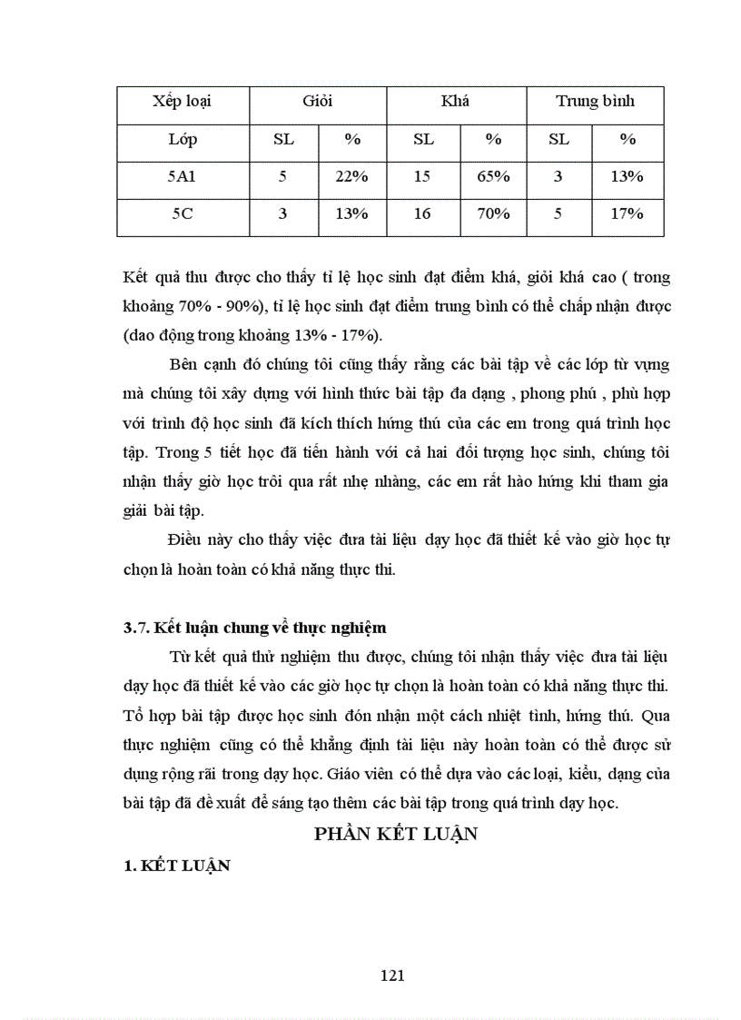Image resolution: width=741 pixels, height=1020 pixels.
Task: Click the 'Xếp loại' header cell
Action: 183,101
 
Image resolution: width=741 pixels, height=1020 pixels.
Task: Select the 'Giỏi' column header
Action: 318,101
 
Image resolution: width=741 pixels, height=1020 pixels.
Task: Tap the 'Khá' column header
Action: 455,101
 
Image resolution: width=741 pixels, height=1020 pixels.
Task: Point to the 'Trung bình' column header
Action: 595,101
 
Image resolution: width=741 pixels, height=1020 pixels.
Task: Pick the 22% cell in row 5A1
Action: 351,176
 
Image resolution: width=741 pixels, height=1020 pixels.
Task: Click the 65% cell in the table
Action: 493,176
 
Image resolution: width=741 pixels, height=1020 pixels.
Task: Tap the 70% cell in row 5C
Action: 493,213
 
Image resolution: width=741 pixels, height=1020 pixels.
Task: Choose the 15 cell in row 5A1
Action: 421,176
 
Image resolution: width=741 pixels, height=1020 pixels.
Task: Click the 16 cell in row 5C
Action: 421,213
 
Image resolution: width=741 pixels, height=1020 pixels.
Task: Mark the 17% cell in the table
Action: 627,213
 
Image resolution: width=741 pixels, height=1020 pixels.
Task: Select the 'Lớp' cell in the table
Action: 183,139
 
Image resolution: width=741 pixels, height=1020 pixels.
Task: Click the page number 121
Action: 391,975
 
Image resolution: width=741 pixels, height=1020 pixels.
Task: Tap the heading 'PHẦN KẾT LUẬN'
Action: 395,835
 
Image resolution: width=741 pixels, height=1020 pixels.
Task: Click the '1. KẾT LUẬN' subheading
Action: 176,866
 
